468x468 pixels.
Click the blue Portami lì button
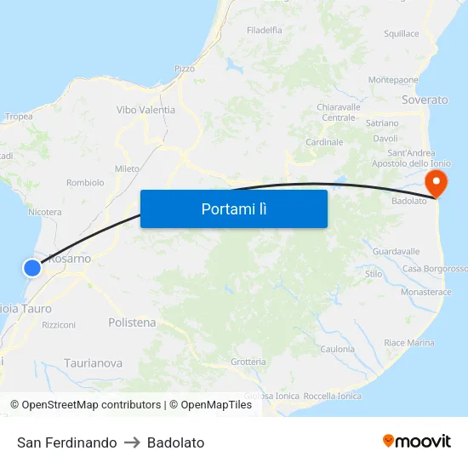pos(234,208)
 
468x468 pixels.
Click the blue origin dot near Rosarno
pos(32,268)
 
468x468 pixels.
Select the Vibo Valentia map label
pos(146,110)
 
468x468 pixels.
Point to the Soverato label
pos(424,100)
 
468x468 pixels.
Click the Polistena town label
pos(132,322)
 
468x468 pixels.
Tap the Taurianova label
pos(93,363)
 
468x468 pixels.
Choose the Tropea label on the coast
pos(19,117)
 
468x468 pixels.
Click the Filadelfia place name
pos(265,30)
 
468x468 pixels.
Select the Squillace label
pos(402,34)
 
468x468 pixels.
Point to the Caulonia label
pos(337,349)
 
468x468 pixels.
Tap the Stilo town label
pos(374,274)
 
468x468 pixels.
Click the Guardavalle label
pos(397,252)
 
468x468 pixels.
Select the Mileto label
pos(127,168)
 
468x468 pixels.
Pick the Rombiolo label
pos(85,182)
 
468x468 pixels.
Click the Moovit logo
pos(416,442)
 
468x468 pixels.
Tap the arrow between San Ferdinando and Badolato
pos(132,442)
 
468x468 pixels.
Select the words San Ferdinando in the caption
pos(67,442)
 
